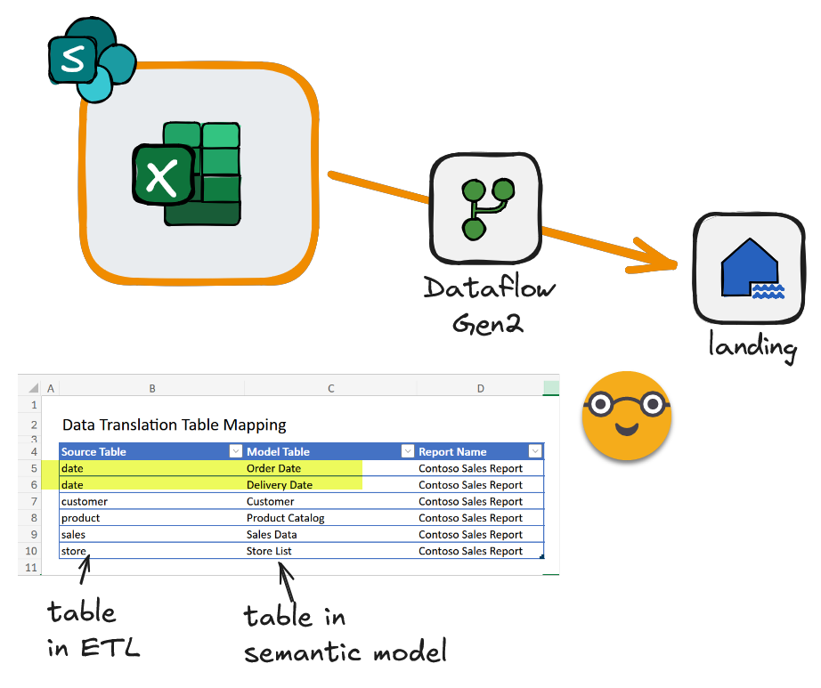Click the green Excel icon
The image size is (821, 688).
188,173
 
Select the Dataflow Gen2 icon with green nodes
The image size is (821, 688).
485,208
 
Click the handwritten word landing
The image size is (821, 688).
752,344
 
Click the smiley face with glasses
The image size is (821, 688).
626,415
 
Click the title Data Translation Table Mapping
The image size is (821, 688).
174,425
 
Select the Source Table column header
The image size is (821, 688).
93,451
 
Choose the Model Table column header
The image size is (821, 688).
278,451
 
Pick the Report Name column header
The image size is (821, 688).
452,451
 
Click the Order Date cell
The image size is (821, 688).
273,468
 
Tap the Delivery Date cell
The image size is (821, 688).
279,485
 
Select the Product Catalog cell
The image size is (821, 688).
285,518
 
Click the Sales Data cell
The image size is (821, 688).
272,535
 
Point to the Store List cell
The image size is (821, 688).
269,551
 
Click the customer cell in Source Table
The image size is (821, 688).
84,501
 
